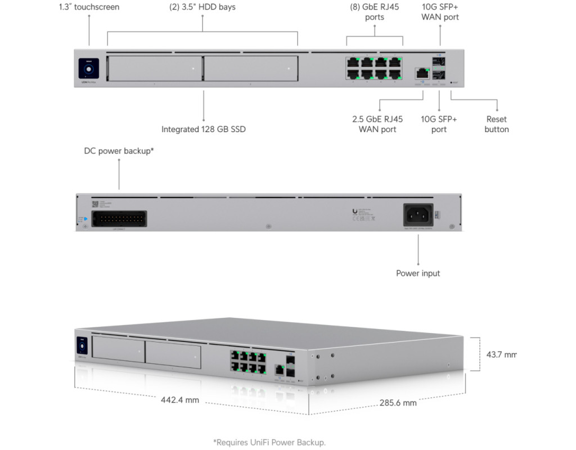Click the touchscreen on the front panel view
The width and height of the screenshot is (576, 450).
tap(89, 69)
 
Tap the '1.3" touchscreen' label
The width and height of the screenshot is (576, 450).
tap(89, 7)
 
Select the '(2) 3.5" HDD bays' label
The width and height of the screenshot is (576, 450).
tap(202, 7)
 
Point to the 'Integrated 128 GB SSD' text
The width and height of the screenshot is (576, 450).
tap(204, 129)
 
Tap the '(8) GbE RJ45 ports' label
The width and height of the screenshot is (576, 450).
tap(374, 12)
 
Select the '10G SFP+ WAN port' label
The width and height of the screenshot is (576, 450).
tap(440, 12)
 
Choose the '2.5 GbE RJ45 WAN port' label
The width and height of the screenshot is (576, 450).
tap(377, 124)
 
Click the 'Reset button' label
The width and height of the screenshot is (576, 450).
tap(497, 124)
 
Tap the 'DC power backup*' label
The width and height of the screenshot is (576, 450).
tap(119, 151)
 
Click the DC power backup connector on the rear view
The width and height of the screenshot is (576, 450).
tap(119, 219)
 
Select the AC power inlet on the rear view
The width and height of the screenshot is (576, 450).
tap(418, 214)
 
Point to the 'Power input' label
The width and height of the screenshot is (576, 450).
tap(418, 273)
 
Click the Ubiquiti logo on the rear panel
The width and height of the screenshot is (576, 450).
tap(354, 211)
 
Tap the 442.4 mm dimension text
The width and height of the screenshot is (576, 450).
tap(180, 400)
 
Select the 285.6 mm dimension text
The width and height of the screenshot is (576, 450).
tap(398, 403)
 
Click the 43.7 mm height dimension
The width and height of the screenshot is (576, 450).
tap(501, 354)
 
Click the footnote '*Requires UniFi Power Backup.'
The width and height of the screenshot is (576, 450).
tap(269, 442)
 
